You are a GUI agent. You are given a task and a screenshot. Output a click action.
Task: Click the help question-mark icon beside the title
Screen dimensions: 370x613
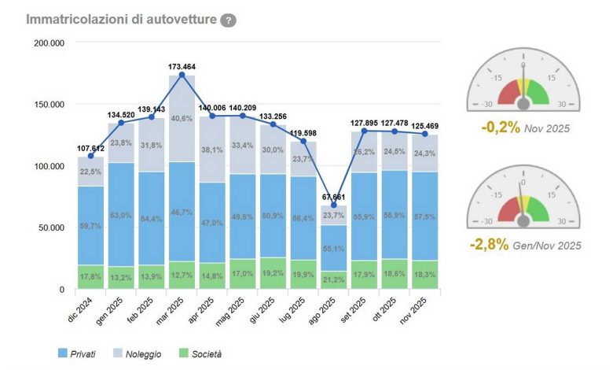[228, 20]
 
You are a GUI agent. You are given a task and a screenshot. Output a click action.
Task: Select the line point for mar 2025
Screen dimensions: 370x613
[182, 75]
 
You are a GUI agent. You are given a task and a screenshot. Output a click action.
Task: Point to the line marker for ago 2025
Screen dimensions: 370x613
[334, 205]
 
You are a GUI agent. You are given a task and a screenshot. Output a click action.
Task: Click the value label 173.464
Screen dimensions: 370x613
[182, 66]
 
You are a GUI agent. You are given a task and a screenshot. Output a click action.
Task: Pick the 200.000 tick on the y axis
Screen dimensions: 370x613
[50, 43]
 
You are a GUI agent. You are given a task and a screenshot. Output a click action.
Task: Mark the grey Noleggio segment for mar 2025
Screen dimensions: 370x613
[182, 118]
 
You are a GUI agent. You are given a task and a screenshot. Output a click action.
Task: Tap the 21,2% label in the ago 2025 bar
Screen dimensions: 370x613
[334, 279]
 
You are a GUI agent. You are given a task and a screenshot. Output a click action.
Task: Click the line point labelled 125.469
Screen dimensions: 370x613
[425, 134]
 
